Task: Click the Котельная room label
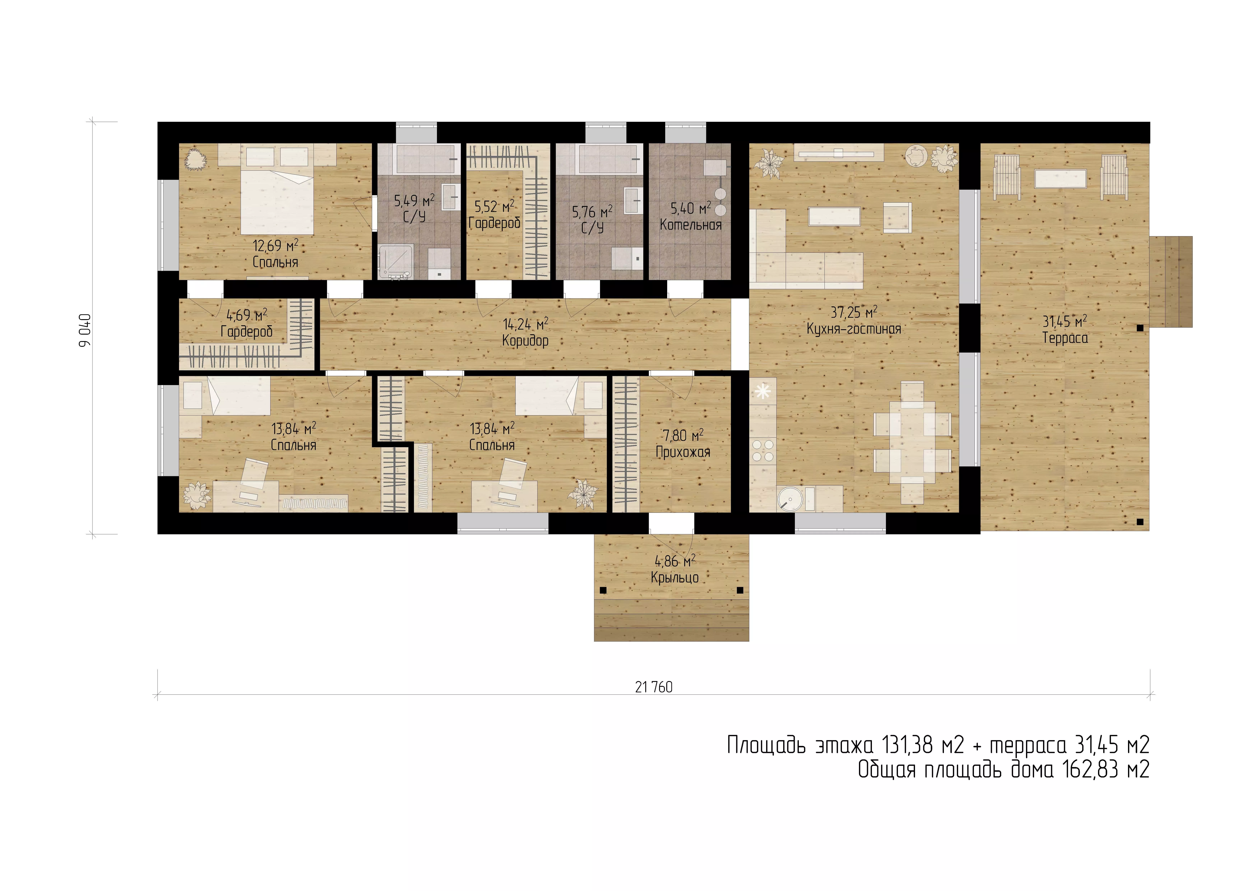tap(690, 225)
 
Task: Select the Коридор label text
tap(525, 341)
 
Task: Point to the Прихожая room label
tap(683, 452)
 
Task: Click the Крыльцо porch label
tap(675, 578)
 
